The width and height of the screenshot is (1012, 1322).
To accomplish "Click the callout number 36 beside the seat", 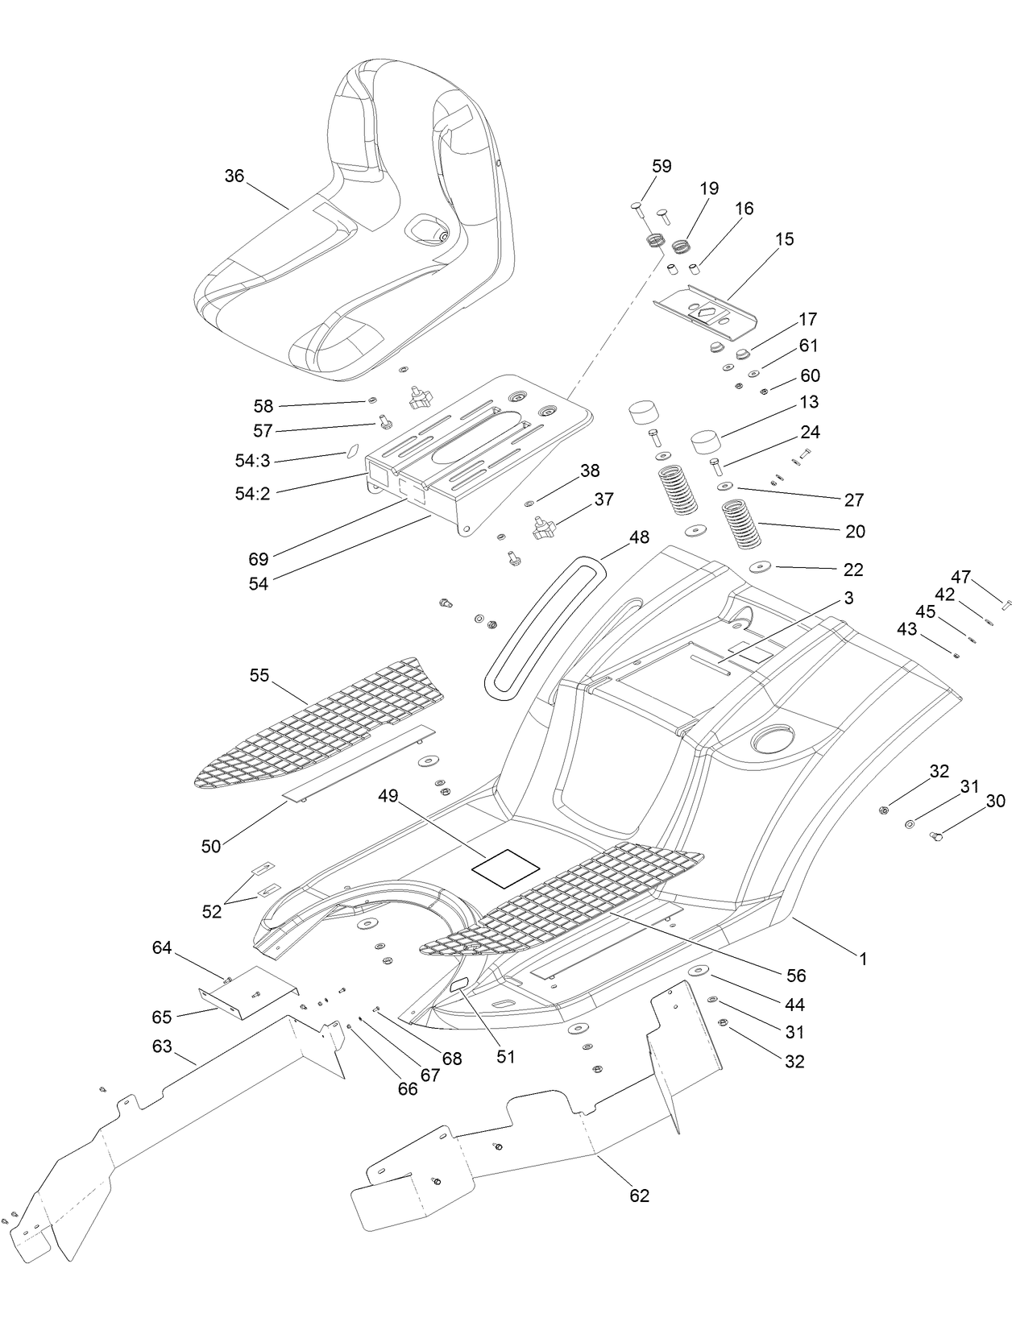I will click(x=234, y=176).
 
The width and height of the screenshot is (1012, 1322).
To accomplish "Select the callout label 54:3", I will click(x=252, y=461).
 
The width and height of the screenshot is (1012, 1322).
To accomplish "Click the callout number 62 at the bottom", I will click(x=639, y=1196).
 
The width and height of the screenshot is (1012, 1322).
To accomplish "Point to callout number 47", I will click(x=960, y=577).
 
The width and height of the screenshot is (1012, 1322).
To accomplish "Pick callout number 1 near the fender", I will click(x=863, y=959).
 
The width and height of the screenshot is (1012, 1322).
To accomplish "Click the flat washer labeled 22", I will click(x=759, y=566).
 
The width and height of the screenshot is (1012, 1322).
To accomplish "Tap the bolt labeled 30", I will click(x=937, y=838).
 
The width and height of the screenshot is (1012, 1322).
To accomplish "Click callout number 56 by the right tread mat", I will click(x=796, y=976).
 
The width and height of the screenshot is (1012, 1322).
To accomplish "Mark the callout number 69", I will click(x=259, y=557).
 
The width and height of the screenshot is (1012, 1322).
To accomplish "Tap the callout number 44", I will click(x=794, y=1005).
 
